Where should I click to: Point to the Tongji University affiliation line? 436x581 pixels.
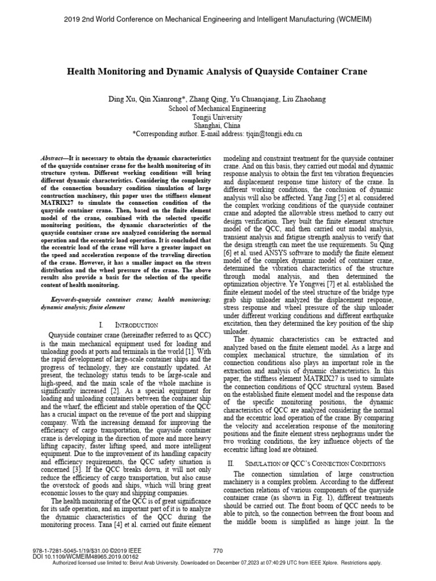217,117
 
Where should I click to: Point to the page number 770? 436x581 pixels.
217,550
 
